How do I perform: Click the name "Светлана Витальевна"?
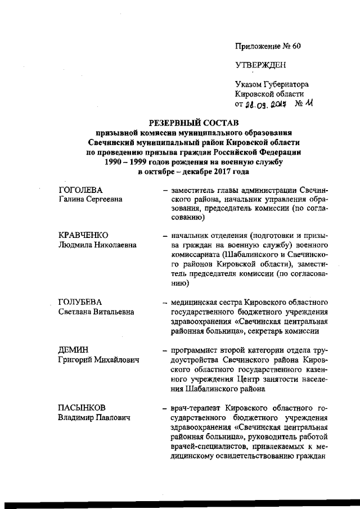click(96, 312)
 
